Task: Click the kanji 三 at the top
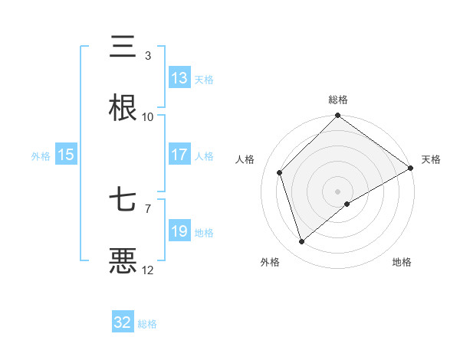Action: [x=123, y=47]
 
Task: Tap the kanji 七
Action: [x=123, y=201]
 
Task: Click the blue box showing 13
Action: [x=179, y=78]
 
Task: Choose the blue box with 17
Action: [x=179, y=155]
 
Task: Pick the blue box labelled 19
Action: [x=179, y=231]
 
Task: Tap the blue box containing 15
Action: [x=66, y=155]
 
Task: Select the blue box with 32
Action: [x=123, y=322]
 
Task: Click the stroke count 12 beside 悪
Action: [x=148, y=270]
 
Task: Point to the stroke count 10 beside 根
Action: [x=148, y=117]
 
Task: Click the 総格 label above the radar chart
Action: [x=337, y=100]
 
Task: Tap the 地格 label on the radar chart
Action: [x=402, y=263]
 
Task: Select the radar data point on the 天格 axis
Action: [x=410, y=168]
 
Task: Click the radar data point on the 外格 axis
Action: [x=301, y=242]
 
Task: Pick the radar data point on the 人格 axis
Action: [x=280, y=172]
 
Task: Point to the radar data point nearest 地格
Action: [x=347, y=204]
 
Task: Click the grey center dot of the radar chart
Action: [x=337, y=191]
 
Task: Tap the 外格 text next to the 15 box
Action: [x=41, y=155]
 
